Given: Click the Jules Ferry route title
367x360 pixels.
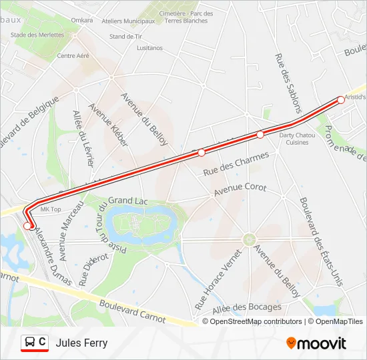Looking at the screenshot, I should (81, 343).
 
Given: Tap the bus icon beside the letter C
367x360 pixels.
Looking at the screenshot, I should (30, 343).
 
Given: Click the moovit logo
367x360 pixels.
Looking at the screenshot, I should (316, 343).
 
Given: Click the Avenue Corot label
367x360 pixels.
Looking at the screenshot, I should (240, 191).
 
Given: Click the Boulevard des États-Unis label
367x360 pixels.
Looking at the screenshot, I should (322, 242).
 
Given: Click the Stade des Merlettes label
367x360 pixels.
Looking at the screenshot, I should (36, 35).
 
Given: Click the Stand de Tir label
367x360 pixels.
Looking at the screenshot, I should (125, 37).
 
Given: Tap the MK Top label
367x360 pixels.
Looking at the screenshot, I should (51, 209).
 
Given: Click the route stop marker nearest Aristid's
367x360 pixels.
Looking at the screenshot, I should (341, 100).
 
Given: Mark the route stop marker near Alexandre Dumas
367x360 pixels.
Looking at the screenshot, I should (28, 226).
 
